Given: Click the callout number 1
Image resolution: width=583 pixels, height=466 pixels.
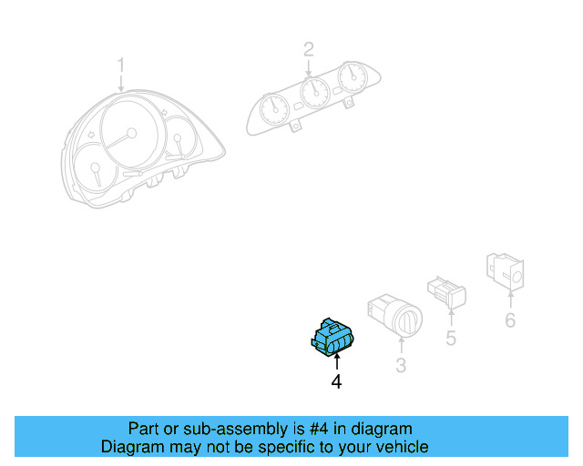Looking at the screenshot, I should (x=121, y=65).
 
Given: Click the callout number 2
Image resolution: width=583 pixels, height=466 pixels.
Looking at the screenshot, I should (x=309, y=48).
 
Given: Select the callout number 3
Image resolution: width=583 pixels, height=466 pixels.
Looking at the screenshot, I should (x=401, y=366).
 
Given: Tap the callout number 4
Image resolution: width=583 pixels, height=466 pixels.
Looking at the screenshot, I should (x=336, y=383).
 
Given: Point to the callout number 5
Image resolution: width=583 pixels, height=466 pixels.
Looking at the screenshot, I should (x=451, y=339).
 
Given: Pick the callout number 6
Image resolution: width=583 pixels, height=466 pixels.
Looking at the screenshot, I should (x=510, y=319).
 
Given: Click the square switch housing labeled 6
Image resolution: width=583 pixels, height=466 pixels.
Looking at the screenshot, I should (x=507, y=270).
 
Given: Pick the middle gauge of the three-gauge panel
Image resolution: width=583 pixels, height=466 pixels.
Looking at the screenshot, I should (x=312, y=92).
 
